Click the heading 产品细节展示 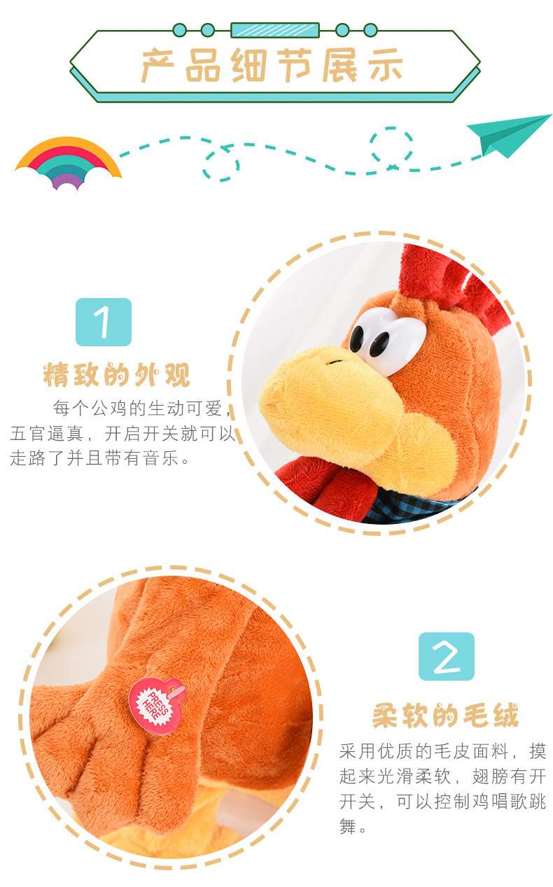coord(272,66)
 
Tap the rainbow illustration coord(68,163)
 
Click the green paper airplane coord(509,134)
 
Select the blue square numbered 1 coord(104,322)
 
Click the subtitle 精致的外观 coord(117,374)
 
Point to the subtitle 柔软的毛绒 coord(446,716)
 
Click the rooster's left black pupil coord(356,338)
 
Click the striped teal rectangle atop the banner coord(275,30)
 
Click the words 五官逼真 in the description coord(47,433)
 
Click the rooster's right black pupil coord(379,344)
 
